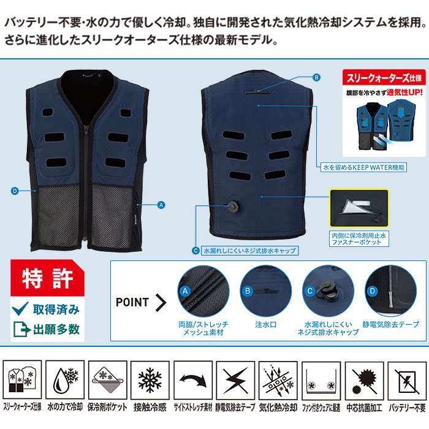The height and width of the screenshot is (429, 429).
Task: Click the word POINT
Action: tap(132, 302)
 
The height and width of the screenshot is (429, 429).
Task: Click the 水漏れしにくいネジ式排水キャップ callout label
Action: tap(249, 250)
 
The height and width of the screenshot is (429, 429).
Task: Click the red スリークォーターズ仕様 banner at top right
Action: tap(384, 78)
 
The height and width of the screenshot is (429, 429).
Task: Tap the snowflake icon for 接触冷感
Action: tap(150, 380)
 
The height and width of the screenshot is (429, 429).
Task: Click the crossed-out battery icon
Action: tap(406, 380)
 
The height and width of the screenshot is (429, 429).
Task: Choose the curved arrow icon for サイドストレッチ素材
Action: tap(193, 380)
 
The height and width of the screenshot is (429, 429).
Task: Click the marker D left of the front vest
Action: tap(14, 191)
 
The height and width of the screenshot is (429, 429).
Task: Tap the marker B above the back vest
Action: tap(317, 78)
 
